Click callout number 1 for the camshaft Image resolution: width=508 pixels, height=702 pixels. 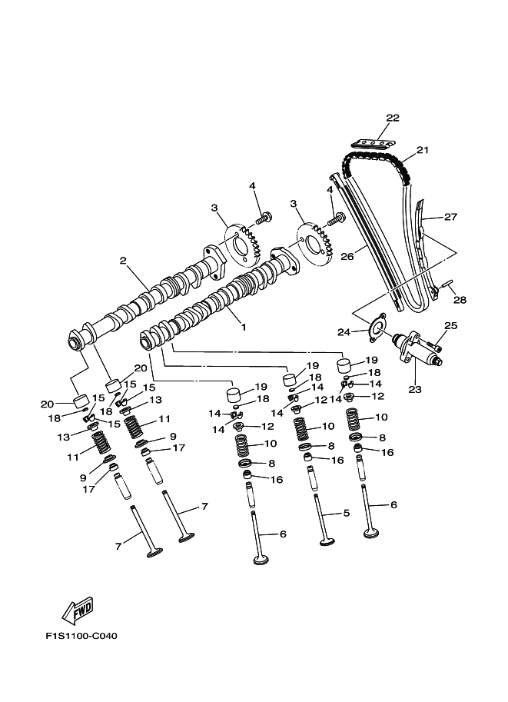pos(244,327)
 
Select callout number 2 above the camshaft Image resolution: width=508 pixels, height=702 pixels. pos(122,261)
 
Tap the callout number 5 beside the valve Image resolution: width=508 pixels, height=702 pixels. pos(346,512)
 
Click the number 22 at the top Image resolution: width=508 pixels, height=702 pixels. pos(393,118)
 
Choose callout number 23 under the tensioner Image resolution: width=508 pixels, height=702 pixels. pos(415,389)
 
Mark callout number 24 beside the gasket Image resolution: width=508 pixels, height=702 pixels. pos(344,331)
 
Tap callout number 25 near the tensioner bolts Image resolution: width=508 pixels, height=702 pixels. pos(450,326)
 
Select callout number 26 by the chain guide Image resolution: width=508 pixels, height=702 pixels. pos(347,257)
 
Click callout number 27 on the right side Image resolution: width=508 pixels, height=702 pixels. pos(450,217)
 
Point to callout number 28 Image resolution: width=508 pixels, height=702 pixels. pos(460,299)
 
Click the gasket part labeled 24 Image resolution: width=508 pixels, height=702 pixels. pos(375,327)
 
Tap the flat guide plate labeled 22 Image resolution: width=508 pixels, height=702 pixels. pos(374,142)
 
